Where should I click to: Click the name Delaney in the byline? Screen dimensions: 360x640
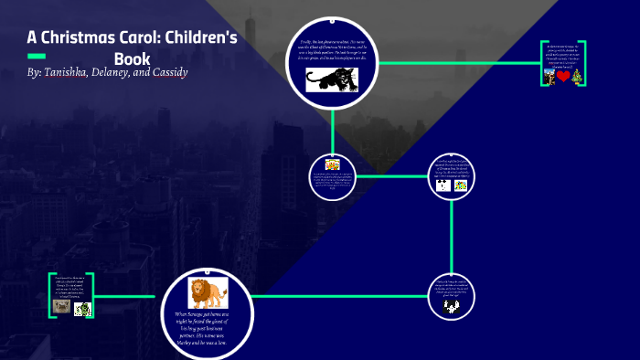click(121, 71)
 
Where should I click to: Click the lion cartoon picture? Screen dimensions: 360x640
click(208, 292)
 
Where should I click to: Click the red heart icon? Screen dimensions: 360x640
click(563, 77)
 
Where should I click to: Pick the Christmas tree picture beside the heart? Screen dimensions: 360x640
click(576, 77)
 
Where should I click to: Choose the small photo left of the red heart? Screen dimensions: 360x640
click(550, 77)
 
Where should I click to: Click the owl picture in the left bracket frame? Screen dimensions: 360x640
click(62, 307)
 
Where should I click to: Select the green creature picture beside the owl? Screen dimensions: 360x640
click(83, 308)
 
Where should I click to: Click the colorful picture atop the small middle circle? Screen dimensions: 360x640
click(333, 163)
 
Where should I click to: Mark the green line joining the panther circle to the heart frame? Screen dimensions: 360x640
click(457, 63)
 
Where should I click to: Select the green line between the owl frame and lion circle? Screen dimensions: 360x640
click(128, 296)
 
